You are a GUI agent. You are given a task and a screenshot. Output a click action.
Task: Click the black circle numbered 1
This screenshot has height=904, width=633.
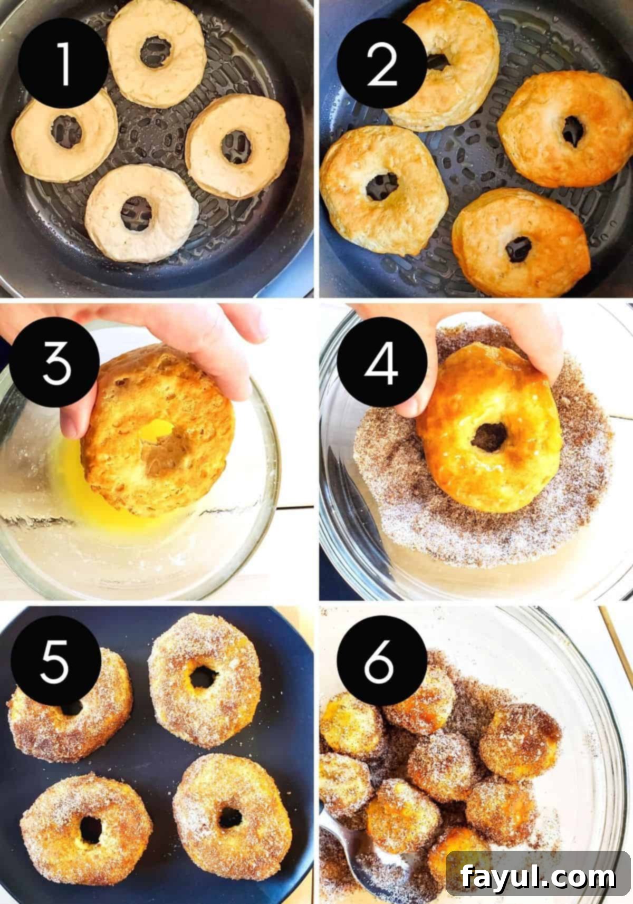[x=63, y=63]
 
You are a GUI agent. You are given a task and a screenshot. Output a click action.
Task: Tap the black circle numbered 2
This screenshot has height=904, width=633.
[x=382, y=63]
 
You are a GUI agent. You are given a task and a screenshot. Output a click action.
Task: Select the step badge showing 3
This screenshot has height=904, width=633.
[x=54, y=362]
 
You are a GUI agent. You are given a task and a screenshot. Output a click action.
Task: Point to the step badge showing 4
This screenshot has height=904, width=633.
[x=382, y=362]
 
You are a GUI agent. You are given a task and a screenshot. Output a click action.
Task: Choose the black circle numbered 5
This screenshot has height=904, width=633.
[x=56, y=661]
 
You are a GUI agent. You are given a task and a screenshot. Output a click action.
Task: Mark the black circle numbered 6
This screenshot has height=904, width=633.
[x=382, y=661]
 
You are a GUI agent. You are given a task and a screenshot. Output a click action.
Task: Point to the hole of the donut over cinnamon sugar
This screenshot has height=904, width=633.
[x=489, y=437]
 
